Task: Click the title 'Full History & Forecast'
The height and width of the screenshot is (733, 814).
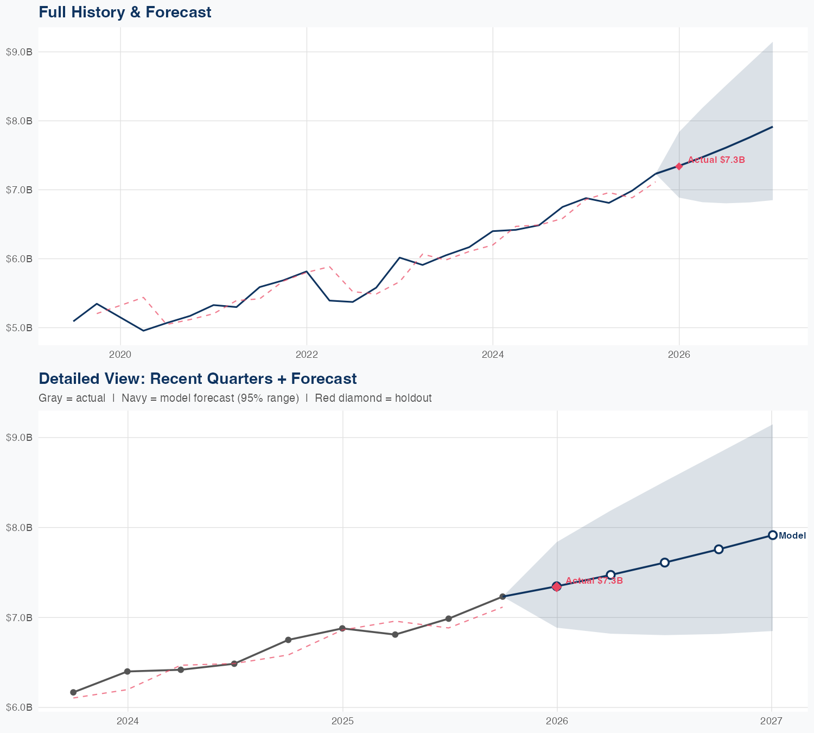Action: [125, 12]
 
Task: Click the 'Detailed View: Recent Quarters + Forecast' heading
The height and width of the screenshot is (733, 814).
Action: [198, 378]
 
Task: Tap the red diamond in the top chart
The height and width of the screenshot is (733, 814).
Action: [679, 166]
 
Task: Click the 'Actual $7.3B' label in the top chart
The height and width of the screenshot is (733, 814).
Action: [716, 160]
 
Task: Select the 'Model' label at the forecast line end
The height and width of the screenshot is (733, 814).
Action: [792, 536]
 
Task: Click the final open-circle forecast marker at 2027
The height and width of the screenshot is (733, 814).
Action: [772, 535]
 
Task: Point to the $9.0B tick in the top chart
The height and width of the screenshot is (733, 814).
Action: [19, 52]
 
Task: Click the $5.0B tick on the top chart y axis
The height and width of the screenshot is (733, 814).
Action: [19, 328]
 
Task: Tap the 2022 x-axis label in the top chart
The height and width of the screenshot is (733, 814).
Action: [307, 355]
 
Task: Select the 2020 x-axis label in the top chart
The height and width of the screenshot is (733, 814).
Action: [120, 355]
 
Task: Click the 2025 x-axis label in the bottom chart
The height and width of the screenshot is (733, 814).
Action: [342, 721]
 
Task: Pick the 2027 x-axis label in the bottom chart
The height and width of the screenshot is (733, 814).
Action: [771, 721]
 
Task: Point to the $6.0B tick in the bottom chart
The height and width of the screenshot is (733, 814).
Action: [19, 707]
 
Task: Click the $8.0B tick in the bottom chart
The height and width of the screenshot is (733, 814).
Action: [19, 527]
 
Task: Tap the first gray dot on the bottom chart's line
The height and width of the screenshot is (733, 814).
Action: [73, 692]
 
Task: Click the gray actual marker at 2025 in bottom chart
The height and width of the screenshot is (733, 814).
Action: [342, 628]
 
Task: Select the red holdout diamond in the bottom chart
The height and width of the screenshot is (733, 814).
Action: [557, 586]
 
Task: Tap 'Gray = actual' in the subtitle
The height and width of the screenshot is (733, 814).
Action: [72, 398]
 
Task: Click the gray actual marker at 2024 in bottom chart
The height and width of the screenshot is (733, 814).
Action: [128, 672]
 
